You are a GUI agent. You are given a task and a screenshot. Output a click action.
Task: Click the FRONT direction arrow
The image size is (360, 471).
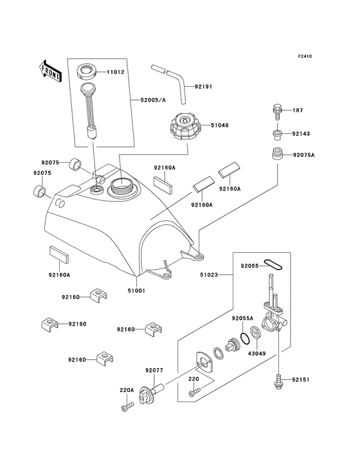pyautogui.click(x=51, y=71)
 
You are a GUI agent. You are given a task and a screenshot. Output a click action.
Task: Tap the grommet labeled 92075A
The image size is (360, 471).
pyautogui.click(x=278, y=155)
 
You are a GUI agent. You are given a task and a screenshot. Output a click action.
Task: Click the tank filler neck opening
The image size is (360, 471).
pyautogui.click(x=122, y=187)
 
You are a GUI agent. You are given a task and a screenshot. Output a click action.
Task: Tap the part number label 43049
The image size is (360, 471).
pyautogui.click(x=257, y=354)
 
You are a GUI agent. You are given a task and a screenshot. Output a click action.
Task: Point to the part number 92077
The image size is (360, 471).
pyautogui.click(x=154, y=370)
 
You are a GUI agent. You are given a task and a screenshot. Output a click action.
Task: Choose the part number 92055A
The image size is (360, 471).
pyautogui.click(x=242, y=318)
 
